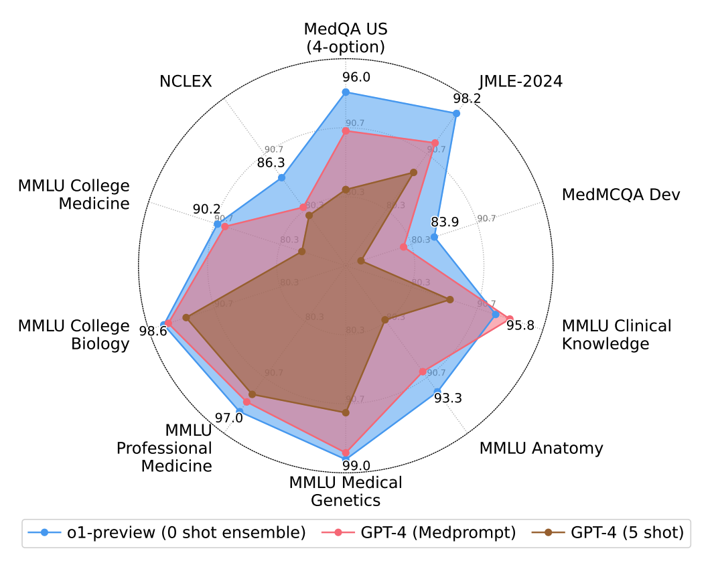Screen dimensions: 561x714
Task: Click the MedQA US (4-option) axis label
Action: point(346,38)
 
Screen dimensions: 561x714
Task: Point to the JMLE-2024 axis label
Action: point(520,82)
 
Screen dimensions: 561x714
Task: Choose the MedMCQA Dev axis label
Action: point(620,195)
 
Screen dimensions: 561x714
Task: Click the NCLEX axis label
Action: point(186,82)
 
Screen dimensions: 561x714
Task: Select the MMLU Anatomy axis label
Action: point(541,448)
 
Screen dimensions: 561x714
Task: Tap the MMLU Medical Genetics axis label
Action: point(346,491)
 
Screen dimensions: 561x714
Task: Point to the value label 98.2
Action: point(467,98)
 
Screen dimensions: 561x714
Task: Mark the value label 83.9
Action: point(445,222)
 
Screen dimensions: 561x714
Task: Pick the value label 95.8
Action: point(520,326)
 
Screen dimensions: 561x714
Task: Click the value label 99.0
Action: point(356,465)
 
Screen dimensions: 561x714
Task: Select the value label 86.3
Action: point(271,162)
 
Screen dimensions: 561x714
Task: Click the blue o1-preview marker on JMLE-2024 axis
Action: point(457,114)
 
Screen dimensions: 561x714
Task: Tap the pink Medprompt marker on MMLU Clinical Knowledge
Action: point(510,319)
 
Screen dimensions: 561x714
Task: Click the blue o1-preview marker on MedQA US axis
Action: point(346,92)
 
